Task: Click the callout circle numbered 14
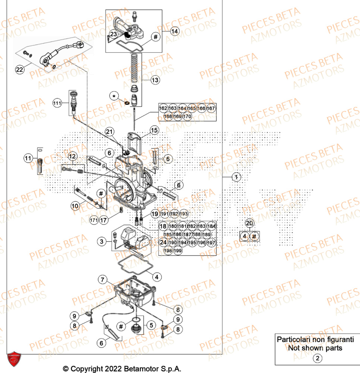[175, 32]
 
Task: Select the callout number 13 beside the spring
[155, 80]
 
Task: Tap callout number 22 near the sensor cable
[19, 69]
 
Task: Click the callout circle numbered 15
[154, 130]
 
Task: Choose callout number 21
[109, 132]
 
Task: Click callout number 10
[75, 206]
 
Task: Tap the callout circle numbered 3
[101, 242]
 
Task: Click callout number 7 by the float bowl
[103, 279]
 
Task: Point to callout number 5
[151, 325]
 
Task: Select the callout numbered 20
[249, 223]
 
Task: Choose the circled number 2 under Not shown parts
[317, 358]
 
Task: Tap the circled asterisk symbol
[114, 96]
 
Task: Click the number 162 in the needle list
[163, 108]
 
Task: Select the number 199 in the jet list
[178, 251]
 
